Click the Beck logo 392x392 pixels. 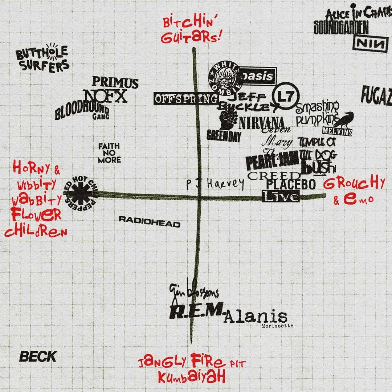click(x=38, y=356)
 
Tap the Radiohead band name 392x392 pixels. click(x=149, y=222)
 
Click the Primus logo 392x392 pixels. click(x=115, y=83)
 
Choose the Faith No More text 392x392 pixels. click(x=109, y=153)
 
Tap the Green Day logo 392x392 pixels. click(x=224, y=136)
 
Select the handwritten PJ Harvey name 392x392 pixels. click(x=215, y=184)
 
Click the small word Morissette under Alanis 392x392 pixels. click(x=277, y=326)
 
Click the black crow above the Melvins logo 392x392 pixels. click(x=343, y=119)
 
